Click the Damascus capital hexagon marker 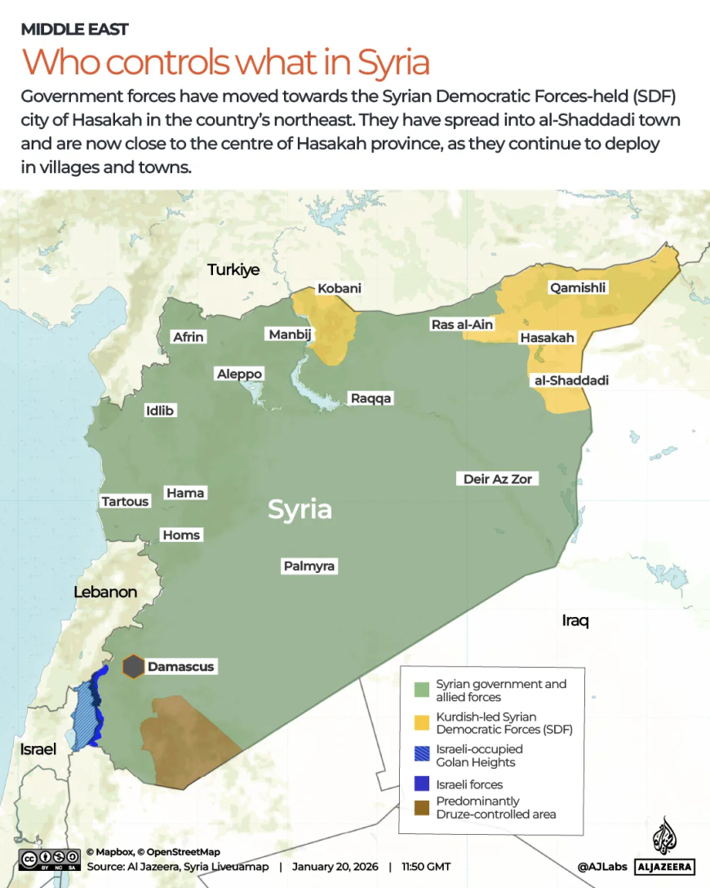[x=133, y=667]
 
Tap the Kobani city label [x=339, y=289]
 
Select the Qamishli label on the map [x=578, y=287]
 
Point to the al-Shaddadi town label [x=570, y=380]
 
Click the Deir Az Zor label [x=497, y=479]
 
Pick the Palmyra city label [x=309, y=566]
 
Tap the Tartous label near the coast [x=125, y=501]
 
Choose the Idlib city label [x=160, y=411]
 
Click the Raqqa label [x=371, y=398]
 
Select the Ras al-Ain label [x=462, y=325]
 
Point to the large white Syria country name [x=300, y=509]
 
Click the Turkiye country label [x=233, y=269]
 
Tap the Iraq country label [x=575, y=621]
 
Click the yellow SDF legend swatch [x=422, y=721]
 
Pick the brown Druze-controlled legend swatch [x=422, y=807]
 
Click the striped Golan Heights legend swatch [x=422, y=755]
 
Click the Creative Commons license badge [x=49, y=859]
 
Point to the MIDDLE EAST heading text [x=74, y=29]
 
